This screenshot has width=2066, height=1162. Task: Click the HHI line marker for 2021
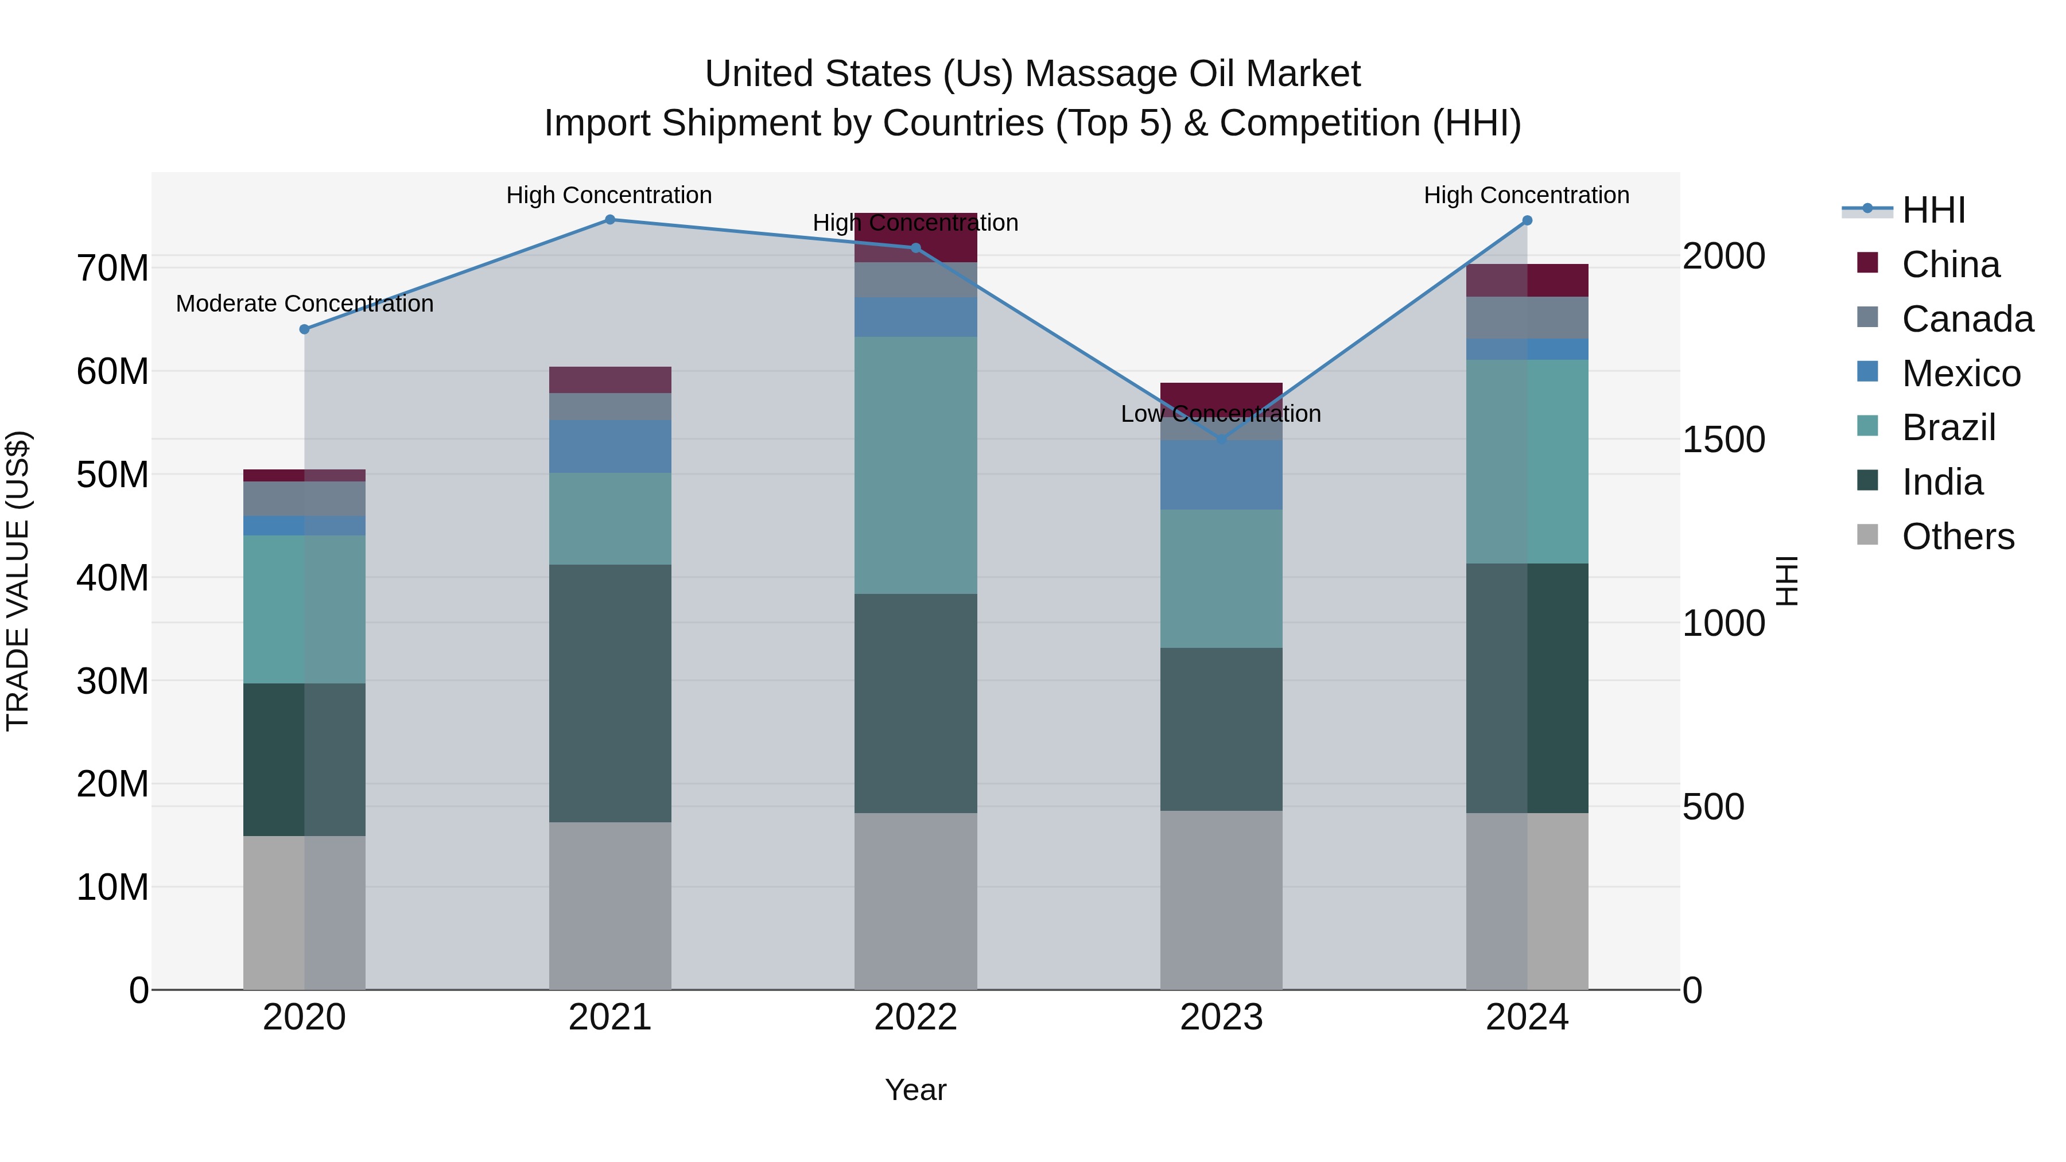pos(609,220)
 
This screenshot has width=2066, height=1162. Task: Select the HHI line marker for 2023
pos(1221,440)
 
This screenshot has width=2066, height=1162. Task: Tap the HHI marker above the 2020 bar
pos(304,329)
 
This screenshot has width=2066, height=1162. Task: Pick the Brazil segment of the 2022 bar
pos(915,465)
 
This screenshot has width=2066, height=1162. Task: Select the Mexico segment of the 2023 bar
pos(1221,475)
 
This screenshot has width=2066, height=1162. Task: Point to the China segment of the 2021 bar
pos(609,379)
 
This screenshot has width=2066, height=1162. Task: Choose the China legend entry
pos(1951,265)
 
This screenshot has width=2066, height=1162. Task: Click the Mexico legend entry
pos(1961,374)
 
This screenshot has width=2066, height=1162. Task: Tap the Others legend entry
pos(1958,537)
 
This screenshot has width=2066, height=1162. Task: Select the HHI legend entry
pos(1933,210)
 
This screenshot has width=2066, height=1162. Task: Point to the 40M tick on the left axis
pos(112,577)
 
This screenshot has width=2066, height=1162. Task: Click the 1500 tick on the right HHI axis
pos(1723,440)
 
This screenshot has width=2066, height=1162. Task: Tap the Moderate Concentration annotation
pos(304,304)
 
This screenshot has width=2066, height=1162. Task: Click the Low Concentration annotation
pos(1221,414)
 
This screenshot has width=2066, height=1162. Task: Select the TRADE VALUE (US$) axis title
pos(18,581)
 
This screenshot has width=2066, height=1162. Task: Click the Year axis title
pos(915,1090)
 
